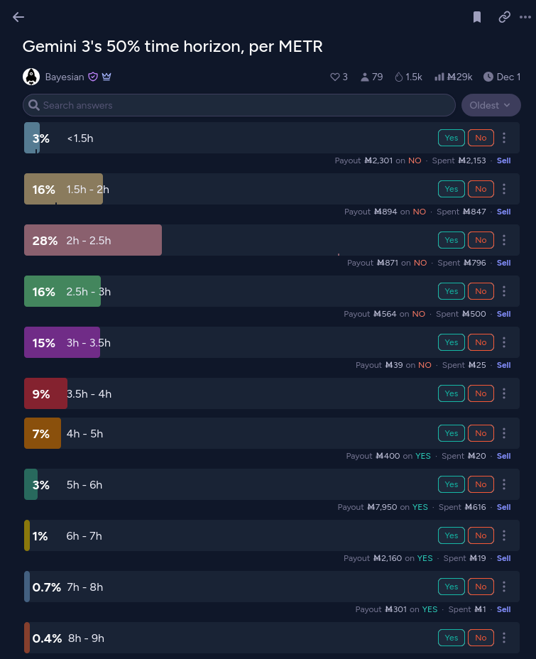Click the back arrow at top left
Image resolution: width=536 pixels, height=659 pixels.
[x=18, y=17]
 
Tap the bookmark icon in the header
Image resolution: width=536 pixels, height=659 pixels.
[x=477, y=17]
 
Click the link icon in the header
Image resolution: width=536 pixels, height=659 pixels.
[x=505, y=17]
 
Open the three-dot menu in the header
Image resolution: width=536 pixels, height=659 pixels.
[x=525, y=17]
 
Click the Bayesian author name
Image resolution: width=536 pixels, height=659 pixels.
[x=64, y=77]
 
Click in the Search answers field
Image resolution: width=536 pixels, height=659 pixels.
[x=241, y=105]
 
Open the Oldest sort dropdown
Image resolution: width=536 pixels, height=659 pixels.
[x=491, y=105]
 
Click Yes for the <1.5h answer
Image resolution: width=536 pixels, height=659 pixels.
[x=452, y=138]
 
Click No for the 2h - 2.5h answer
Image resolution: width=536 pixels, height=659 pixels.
[x=481, y=240]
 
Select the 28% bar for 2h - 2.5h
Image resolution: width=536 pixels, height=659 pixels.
[x=92, y=240]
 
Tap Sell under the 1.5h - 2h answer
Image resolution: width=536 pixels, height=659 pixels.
[x=503, y=212]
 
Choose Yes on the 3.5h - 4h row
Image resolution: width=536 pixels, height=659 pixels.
[x=452, y=393]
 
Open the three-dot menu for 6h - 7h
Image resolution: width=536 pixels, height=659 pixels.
[x=504, y=535]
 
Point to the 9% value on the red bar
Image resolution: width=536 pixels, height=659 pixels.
[x=41, y=393]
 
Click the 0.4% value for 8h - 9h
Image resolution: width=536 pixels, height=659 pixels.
[x=47, y=638]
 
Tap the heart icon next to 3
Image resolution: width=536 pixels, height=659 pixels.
[x=335, y=77]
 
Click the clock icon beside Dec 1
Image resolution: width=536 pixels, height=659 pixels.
[x=488, y=77]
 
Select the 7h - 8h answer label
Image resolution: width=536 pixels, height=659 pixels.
[x=84, y=587]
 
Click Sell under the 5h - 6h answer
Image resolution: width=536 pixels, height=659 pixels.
[x=503, y=507]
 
